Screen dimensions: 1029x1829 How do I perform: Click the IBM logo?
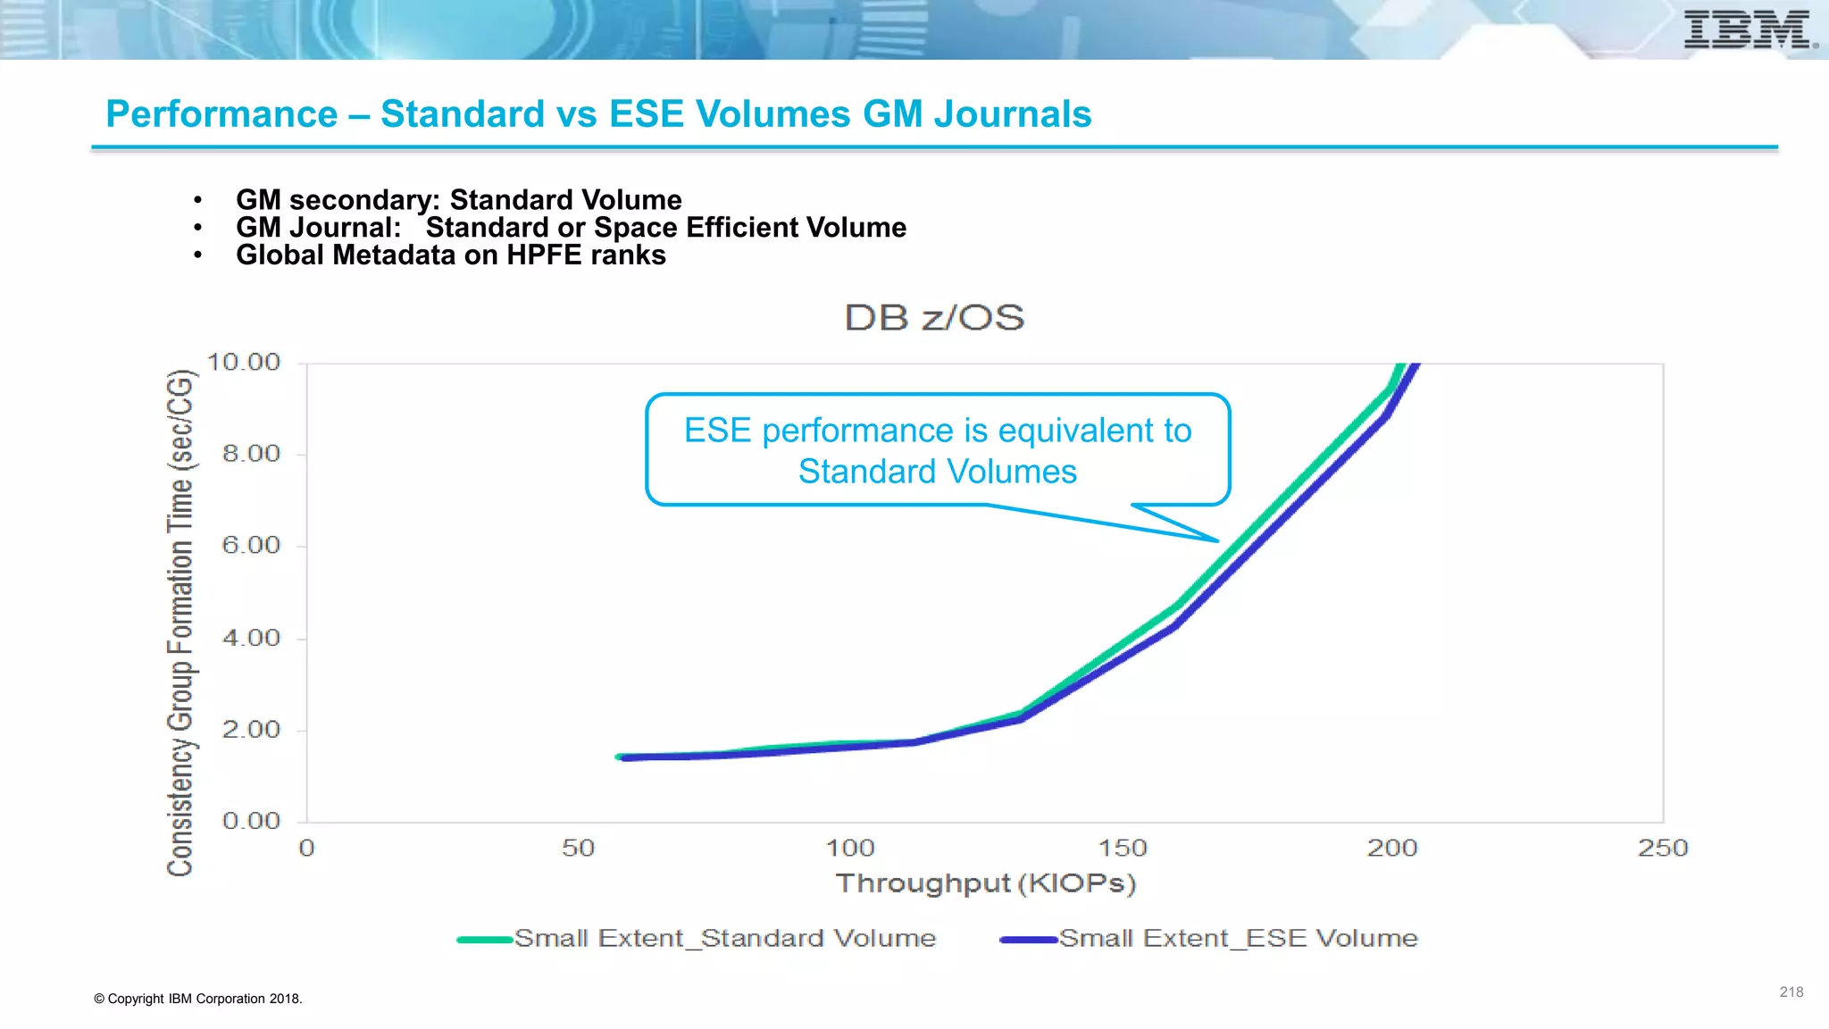[x=1749, y=29]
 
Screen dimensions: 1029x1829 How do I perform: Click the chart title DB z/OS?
[x=934, y=318]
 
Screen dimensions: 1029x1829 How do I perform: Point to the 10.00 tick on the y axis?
[x=244, y=363]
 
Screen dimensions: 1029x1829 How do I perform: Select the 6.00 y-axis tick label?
[x=251, y=546]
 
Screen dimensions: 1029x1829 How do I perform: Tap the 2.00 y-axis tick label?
[x=251, y=730]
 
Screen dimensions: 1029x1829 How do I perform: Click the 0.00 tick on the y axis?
[x=251, y=821]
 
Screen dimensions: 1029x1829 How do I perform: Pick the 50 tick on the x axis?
[x=578, y=849]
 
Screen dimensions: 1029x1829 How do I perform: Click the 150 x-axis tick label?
[x=1122, y=849]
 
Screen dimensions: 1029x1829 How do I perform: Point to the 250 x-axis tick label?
[x=1663, y=849]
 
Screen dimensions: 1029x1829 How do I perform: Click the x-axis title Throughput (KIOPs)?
[x=985, y=883]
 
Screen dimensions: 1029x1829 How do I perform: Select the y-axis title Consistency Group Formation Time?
[x=180, y=623]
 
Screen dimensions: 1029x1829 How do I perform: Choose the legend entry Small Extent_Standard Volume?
[x=724, y=939]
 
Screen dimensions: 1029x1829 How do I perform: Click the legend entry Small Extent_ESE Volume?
[x=1238, y=939]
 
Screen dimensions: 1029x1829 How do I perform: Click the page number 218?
[x=1791, y=992]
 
